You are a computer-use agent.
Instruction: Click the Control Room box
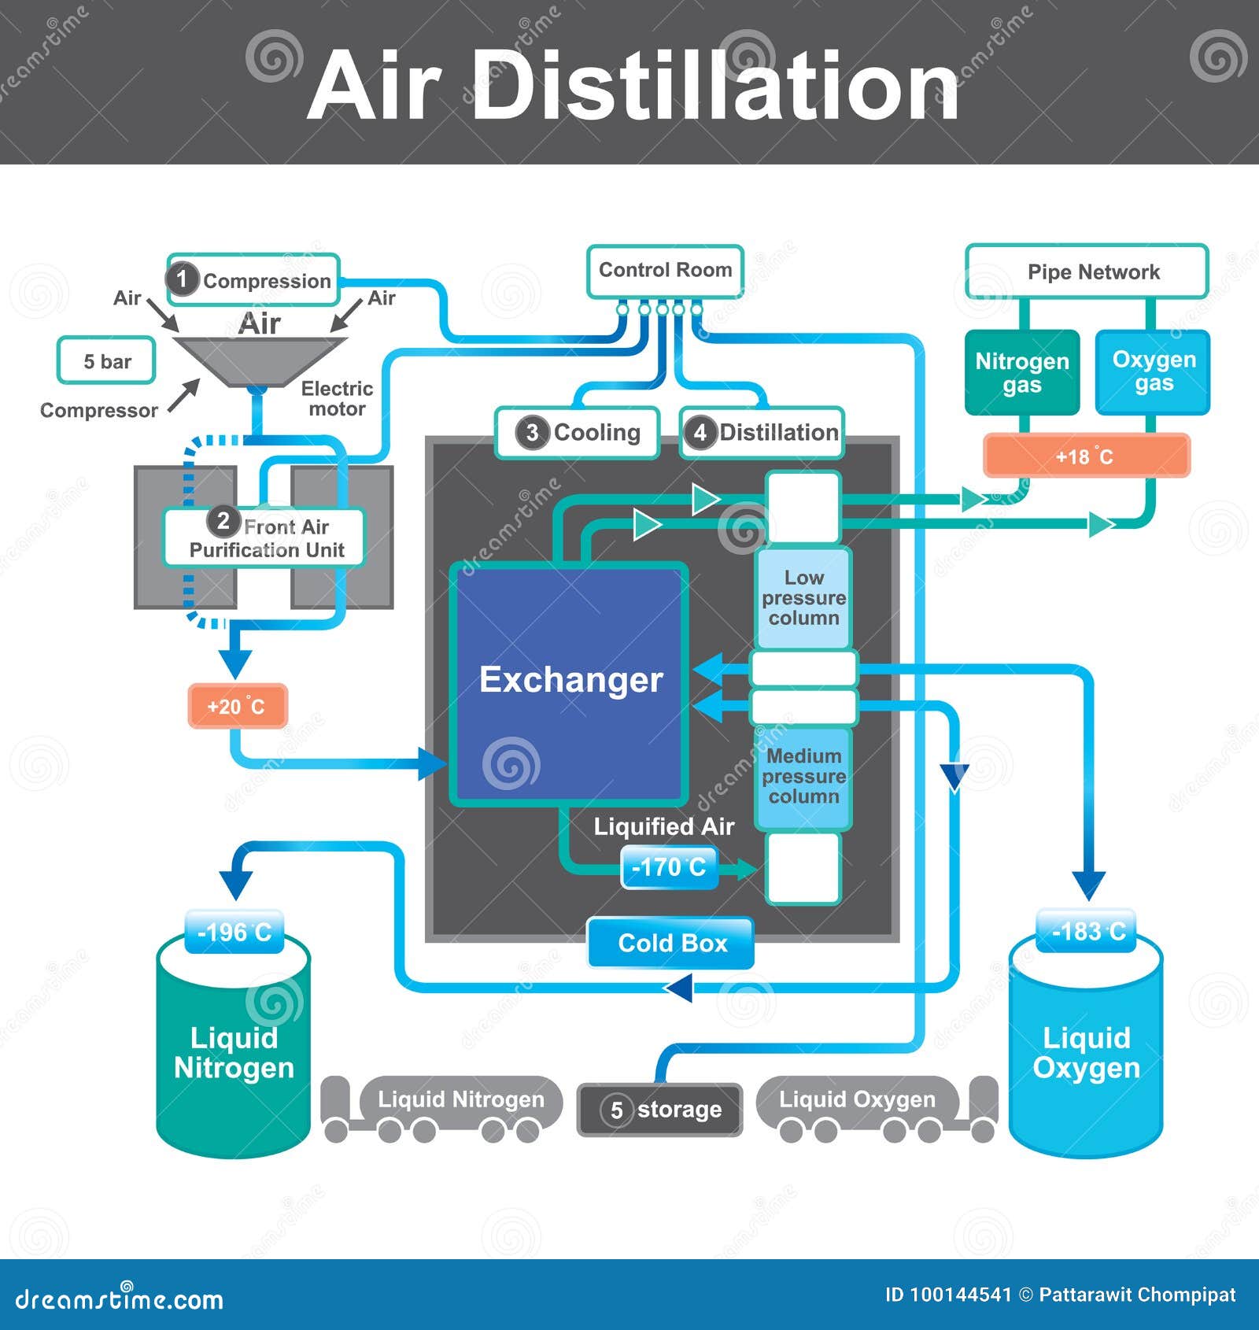pos(665,271)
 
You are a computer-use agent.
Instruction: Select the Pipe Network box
pos(1087,272)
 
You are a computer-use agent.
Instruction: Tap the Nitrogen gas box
pos(1021,372)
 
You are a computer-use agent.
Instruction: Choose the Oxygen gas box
pos(1153,371)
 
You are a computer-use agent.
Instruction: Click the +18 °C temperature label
pos(1086,456)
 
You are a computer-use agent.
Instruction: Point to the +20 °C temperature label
pos(237,706)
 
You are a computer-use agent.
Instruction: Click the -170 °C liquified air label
pos(669,867)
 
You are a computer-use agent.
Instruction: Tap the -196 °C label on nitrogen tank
pos(234,933)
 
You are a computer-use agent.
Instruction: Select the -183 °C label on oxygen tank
pos(1087,932)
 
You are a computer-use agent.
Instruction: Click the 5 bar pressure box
pos(106,361)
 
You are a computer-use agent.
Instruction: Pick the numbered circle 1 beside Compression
pos(182,279)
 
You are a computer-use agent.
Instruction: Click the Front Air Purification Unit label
pos(264,538)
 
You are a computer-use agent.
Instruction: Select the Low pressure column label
pos(803,598)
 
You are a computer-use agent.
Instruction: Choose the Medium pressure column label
pos(803,777)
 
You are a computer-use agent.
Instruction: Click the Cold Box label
pos(671,943)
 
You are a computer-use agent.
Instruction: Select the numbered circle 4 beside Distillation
pos(700,433)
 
